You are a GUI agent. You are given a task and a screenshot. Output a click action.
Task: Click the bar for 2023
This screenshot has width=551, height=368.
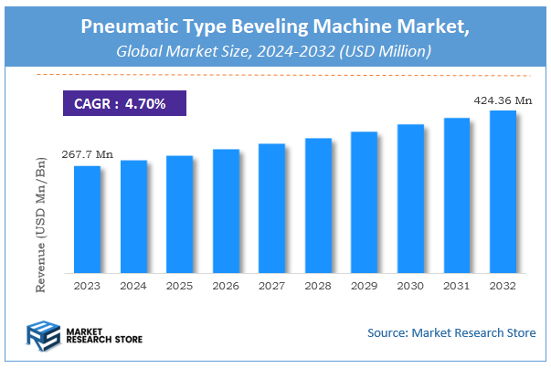click(87, 219)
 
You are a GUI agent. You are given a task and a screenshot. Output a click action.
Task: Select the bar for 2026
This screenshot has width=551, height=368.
click(226, 211)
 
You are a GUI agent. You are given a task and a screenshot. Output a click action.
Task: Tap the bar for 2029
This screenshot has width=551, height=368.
click(364, 202)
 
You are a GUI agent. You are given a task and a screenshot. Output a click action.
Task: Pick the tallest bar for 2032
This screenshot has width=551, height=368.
click(503, 192)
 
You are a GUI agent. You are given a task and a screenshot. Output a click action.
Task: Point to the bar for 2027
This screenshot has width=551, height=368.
click(271, 208)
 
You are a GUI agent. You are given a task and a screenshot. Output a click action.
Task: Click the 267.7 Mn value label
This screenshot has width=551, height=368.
click(82, 154)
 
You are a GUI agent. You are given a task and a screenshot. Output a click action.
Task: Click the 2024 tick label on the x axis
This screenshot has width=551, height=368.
click(133, 286)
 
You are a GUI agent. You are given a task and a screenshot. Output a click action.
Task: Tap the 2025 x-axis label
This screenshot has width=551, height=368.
click(179, 286)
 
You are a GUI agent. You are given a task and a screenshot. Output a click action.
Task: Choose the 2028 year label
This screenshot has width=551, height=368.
click(318, 286)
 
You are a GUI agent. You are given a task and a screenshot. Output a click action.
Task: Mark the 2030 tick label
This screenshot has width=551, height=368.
click(410, 286)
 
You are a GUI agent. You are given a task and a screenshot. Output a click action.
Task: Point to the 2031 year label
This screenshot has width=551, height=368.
click(456, 286)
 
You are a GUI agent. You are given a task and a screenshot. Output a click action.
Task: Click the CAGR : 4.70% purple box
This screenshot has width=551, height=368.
click(123, 103)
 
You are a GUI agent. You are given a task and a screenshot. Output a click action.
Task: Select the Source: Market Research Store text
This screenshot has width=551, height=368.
click(451, 332)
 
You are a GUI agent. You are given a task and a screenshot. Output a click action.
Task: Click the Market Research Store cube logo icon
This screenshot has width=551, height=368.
click(43, 333)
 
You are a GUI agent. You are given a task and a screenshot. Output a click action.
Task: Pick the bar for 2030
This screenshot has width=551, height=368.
click(410, 198)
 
